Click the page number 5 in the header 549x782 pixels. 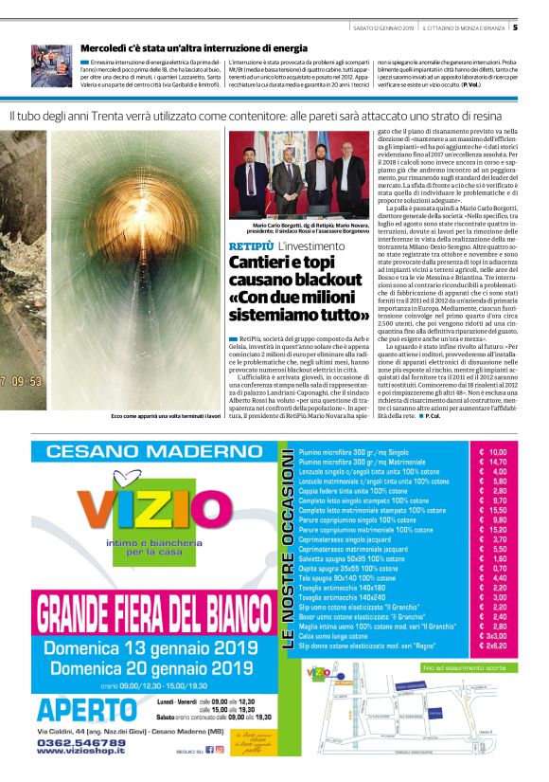(540, 27)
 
